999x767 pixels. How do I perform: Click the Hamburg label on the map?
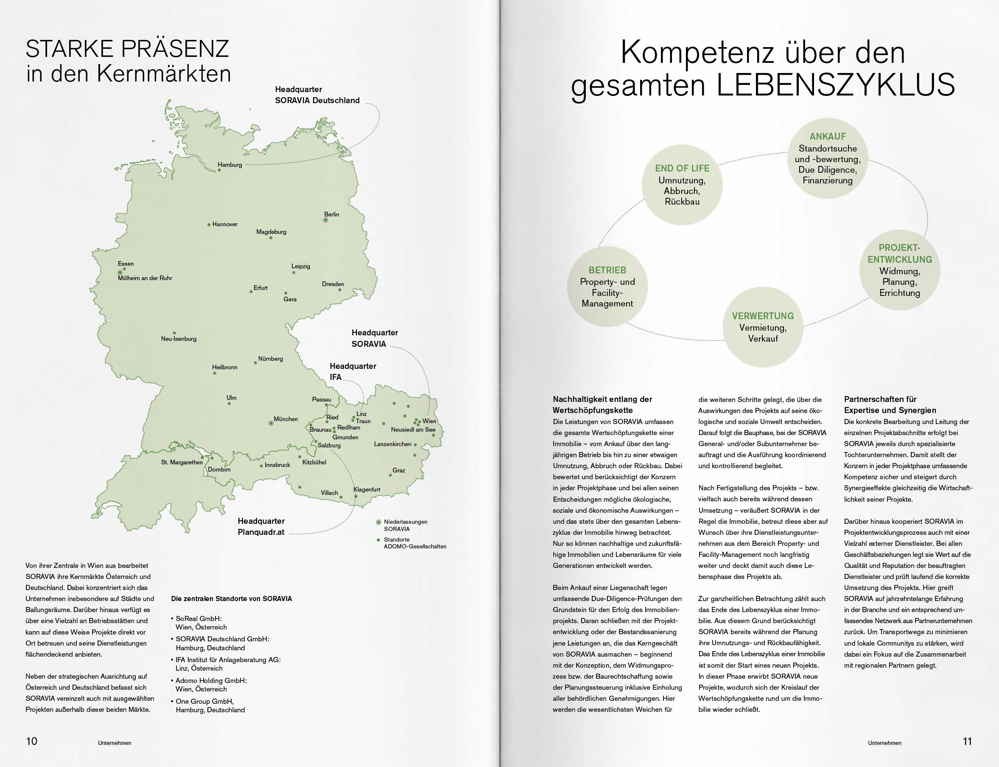(229, 165)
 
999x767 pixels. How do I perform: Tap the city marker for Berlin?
(326, 220)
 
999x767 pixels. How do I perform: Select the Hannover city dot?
(209, 225)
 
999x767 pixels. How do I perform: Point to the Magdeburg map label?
(271, 232)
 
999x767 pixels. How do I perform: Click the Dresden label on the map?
(333, 284)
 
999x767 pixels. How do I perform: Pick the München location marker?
(271, 423)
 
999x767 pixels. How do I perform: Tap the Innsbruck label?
(277, 465)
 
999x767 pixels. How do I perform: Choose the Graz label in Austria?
(399, 470)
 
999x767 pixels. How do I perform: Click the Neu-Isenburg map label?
(178, 339)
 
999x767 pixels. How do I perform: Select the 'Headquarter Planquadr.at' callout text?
(261, 526)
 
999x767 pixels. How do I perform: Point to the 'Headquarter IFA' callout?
(353, 372)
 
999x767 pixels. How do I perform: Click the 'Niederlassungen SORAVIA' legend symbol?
(378, 522)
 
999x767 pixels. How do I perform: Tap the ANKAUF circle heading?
(828, 137)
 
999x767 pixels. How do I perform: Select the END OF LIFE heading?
(682, 169)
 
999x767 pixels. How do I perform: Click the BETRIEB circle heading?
(607, 270)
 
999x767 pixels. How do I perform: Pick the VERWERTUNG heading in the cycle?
(763, 316)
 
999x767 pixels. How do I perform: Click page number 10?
(31, 741)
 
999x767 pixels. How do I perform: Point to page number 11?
(967, 741)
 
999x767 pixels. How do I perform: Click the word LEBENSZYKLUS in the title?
(835, 85)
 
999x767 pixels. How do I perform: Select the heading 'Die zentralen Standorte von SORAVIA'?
(231, 598)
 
